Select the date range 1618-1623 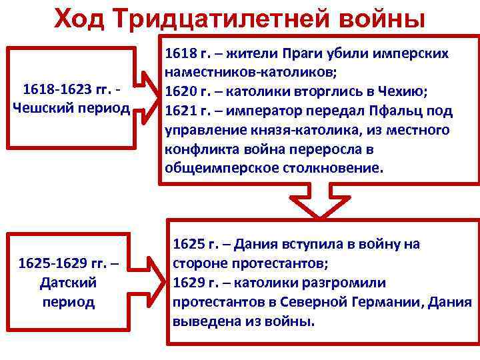pos(53,90)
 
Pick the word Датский pos(68,283)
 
